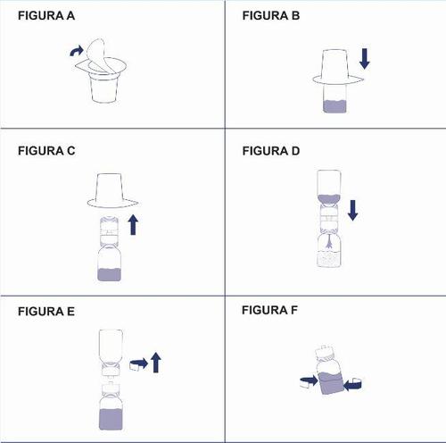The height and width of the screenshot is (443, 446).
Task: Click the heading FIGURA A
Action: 46,17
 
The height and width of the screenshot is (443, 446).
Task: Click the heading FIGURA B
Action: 269,17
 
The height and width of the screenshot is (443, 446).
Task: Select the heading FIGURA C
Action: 46,151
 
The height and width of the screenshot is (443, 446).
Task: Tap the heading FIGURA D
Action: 269,151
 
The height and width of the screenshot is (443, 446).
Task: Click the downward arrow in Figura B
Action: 364,60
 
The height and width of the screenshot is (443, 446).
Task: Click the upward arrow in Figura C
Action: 134,222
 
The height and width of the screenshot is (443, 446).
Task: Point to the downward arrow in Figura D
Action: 352,211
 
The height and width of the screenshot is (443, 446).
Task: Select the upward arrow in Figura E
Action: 155,362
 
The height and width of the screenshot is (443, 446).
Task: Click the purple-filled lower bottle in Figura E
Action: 111,414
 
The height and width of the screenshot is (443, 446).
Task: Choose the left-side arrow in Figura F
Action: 309,381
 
